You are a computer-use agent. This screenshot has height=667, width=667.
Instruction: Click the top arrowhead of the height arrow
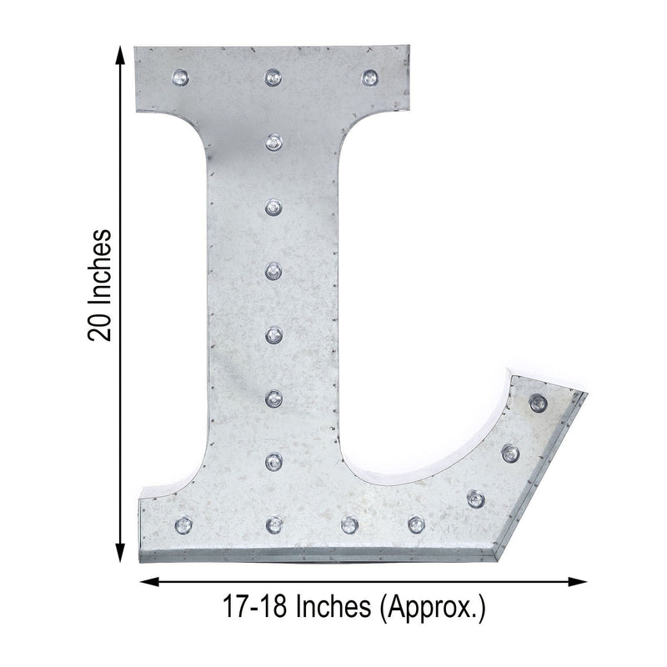click(x=121, y=55)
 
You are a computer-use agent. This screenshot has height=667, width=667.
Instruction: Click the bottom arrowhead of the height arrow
click(x=121, y=552)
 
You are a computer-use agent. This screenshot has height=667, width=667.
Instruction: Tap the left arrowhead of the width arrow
click(x=150, y=581)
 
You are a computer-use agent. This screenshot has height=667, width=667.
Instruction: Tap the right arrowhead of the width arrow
click(x=578, y=581)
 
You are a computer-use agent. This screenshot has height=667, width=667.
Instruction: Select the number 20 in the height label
click(x=99, y=327)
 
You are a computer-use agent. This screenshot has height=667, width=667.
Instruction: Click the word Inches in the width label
click(x=333, y=606)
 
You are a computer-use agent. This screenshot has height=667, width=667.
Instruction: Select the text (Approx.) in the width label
click(x=432, y=609)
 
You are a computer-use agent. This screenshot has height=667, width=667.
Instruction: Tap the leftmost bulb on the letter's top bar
click(x=180, y=78)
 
